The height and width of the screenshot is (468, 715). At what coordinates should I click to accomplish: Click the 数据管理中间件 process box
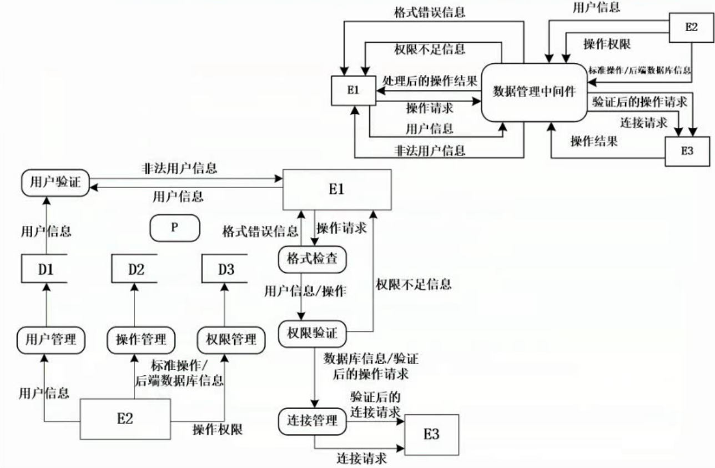[x=534, y=92]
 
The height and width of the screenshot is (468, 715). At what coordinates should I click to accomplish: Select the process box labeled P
[x=175, y=228]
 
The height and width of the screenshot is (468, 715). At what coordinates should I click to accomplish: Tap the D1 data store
[x=44, y=269]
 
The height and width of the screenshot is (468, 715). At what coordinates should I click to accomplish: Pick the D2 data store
[x=134, y=269]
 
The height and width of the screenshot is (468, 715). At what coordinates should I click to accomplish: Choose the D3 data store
[x=225, y=269]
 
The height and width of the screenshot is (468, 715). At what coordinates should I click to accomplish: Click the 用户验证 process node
[x=56, y=183]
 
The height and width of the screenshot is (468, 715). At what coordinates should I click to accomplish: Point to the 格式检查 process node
[x=312, y=259]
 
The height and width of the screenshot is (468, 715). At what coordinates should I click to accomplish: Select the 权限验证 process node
[x=312, y=334]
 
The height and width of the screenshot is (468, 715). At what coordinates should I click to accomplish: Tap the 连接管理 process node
[x=312, y=421]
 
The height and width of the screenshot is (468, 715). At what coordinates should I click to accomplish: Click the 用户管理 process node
[x=51, y=340]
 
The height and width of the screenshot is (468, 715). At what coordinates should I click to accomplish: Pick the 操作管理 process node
[x=141, y=340]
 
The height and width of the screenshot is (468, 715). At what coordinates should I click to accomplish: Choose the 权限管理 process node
[x=231, y=340]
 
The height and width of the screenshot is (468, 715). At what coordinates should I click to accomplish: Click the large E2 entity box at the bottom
[x=125, y=419]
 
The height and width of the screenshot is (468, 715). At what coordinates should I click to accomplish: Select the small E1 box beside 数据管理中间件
[x=354, y=90]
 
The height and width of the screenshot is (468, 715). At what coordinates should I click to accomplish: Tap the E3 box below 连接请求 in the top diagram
[x=687, y=152]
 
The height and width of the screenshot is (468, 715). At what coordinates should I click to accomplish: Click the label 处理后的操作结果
[x=430, y=81]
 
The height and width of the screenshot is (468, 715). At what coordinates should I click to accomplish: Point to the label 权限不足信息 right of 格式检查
[x=414, y=284]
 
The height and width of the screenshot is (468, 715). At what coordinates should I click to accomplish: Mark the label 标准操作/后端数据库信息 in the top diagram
[x=640, y=71]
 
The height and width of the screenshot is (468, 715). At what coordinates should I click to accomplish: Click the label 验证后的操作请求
[x=640, y=102]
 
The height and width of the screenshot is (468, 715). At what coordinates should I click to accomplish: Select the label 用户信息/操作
[x=305, y=291]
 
